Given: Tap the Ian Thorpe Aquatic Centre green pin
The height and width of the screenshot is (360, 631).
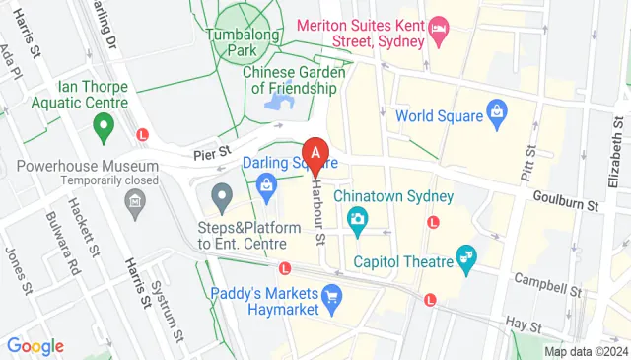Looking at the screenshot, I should pos(101,125).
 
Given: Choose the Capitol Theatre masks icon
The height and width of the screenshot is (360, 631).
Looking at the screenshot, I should pos(467,261).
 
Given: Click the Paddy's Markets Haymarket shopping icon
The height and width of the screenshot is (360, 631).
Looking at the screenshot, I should pos(332,295).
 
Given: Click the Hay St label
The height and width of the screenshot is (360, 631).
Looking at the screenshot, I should pos(523,324).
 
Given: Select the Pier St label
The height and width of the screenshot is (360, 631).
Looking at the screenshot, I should pos(210,151).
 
